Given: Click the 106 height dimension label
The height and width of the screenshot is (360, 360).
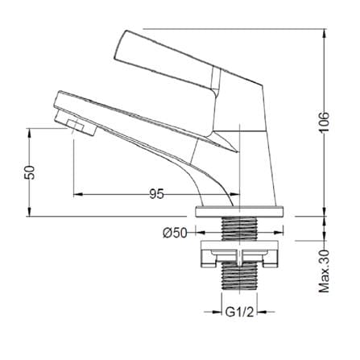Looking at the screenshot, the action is click(x=325, y=122).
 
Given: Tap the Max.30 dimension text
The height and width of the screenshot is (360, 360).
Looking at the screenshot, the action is click(x=325, y=271).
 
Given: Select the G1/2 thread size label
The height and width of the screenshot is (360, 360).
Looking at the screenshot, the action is click(x=239, y=312).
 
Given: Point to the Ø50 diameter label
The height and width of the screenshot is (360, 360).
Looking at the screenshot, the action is click(x=175, y=233).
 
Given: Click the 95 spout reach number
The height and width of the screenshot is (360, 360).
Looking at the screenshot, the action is click(x=156, y=194).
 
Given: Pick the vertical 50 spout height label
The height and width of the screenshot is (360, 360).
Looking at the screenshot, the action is click(x=30, y=172).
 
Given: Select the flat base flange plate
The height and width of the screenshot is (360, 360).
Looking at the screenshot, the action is click(x=239, y=212).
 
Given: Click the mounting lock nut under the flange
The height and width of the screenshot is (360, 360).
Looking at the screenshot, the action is click(x=239, y=254).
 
